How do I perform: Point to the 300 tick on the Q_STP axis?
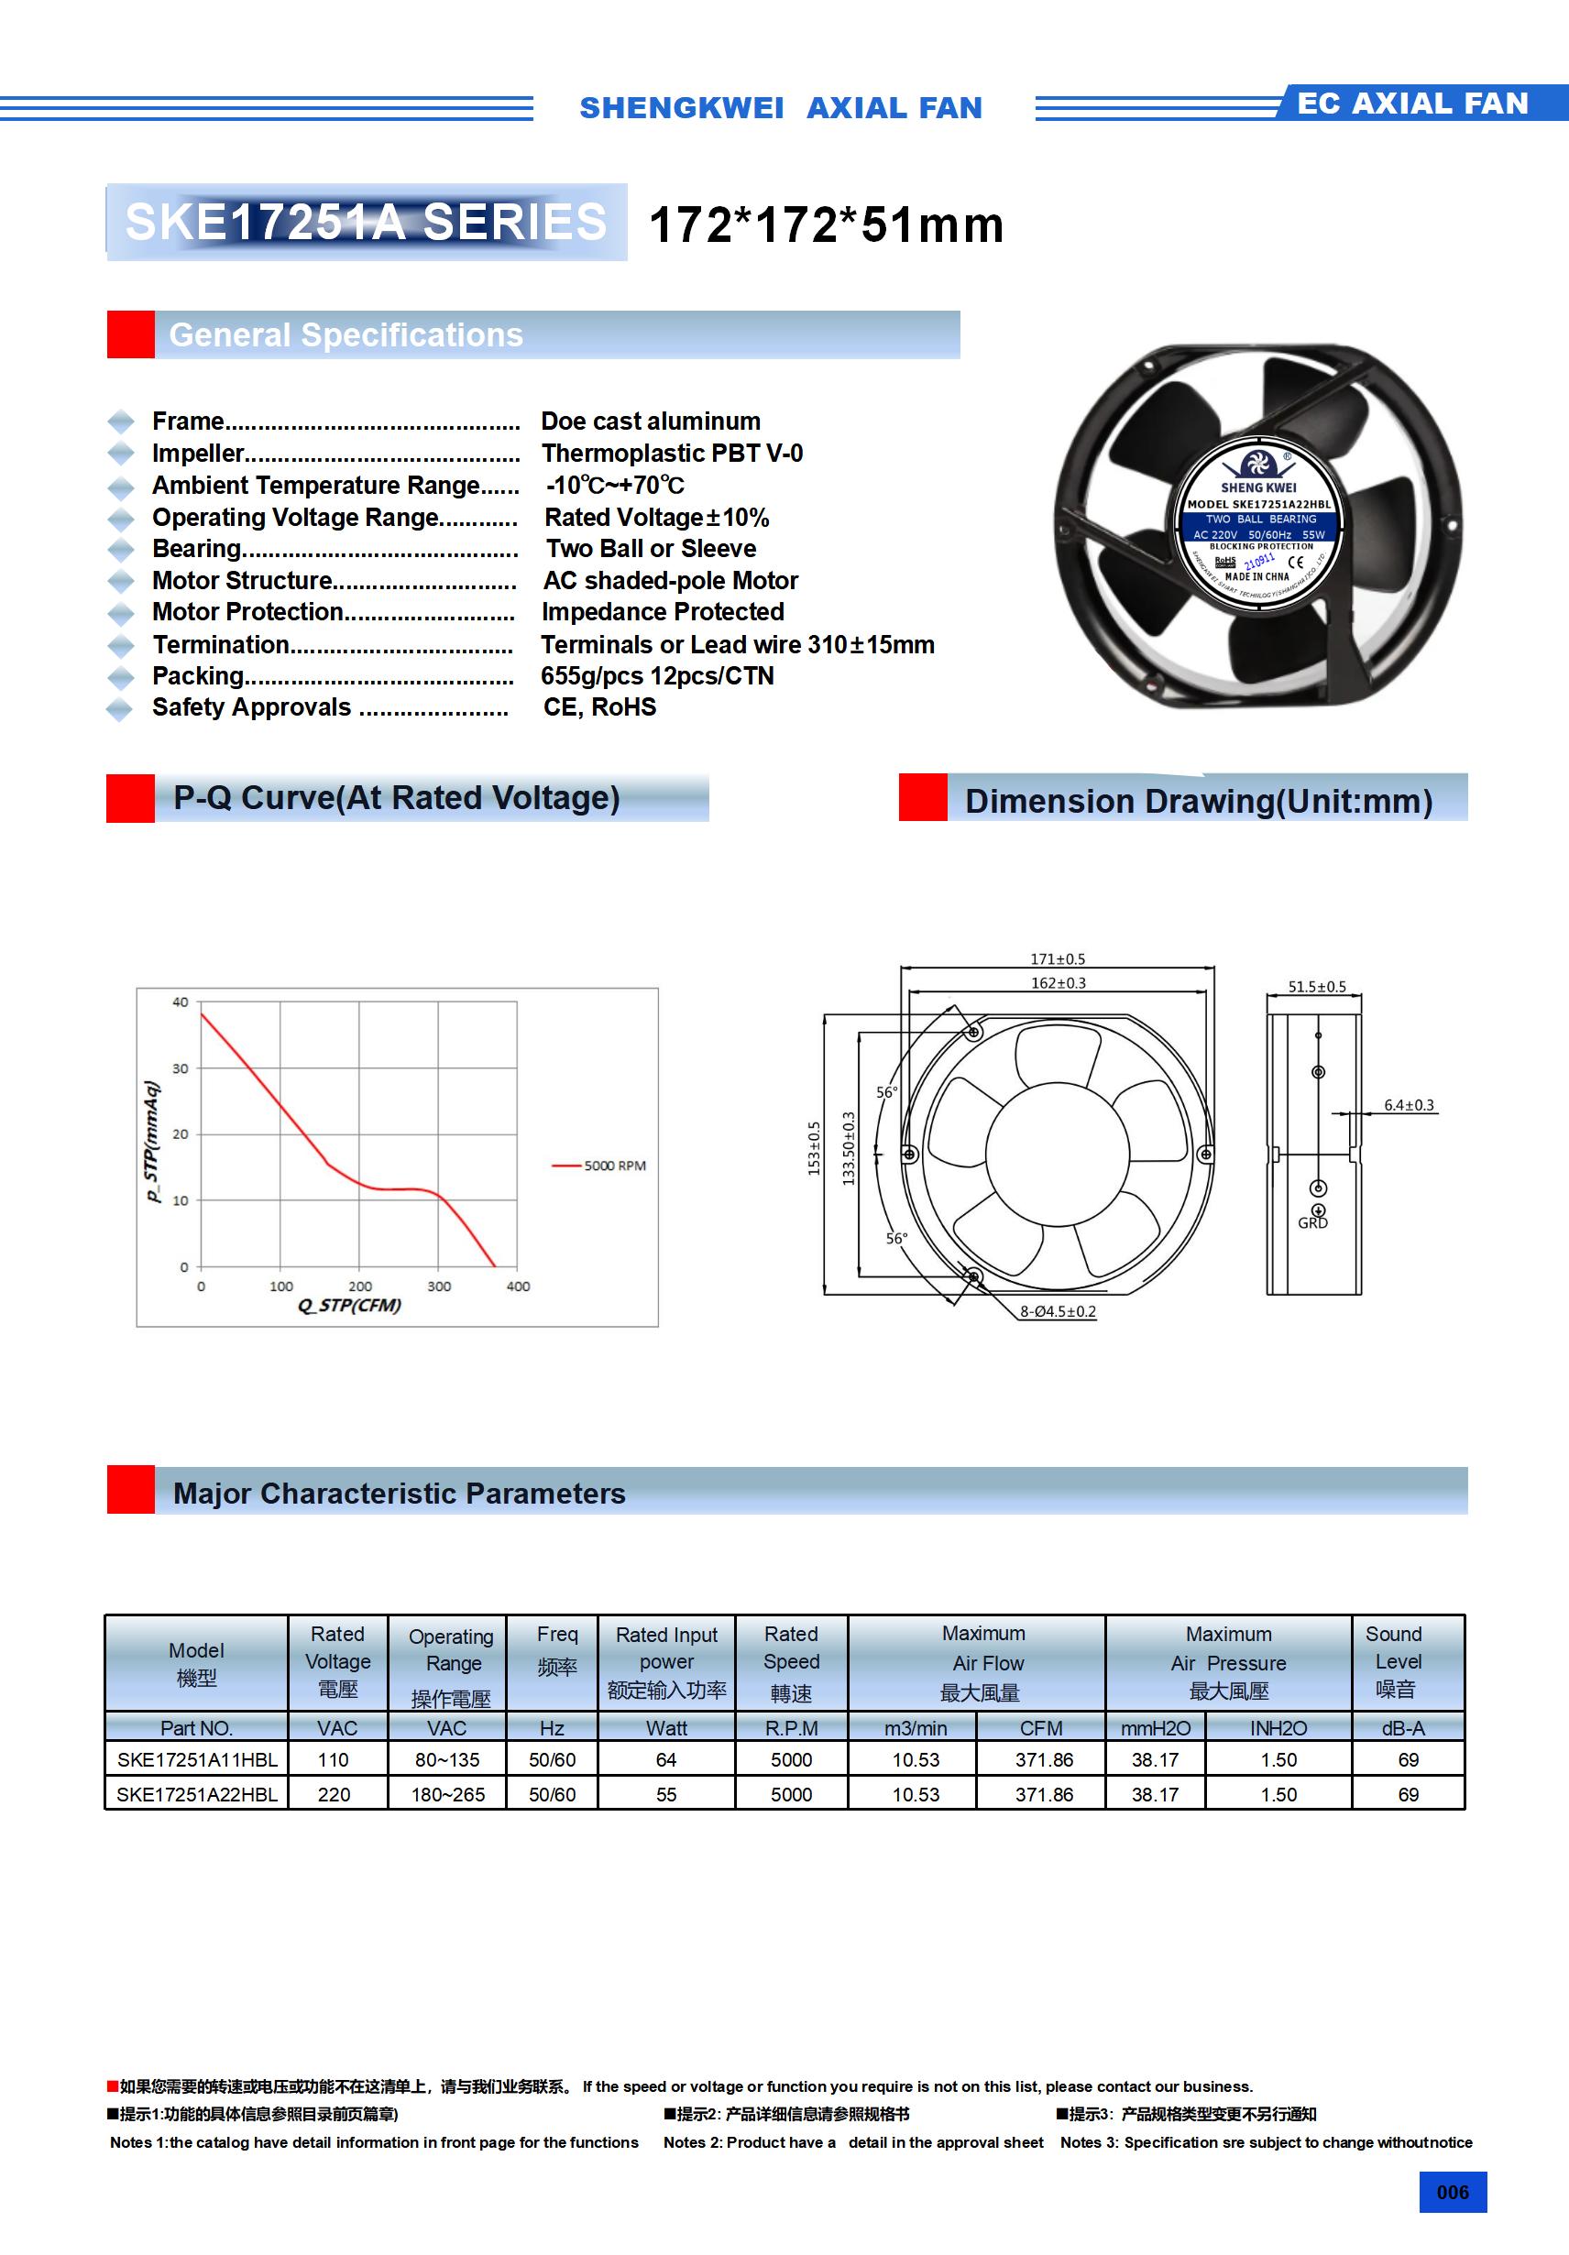coord(438,1286)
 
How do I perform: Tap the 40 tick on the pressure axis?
coord(181,1002)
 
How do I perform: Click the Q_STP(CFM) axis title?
coord(349,1306)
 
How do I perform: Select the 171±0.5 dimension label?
coord(1057,958)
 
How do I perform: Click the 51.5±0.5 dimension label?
coord(1316,986)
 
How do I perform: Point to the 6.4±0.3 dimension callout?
coord(1408,1105)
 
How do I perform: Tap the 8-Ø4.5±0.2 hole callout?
coord(1057,1311)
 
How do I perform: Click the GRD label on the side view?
coord(1312,1222)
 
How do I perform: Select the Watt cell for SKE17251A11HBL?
coord(666,1760)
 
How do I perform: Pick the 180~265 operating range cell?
coord(447,1794)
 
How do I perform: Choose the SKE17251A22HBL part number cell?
coord(196,1794)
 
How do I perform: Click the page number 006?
coord(1452,2192)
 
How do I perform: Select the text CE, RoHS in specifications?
coord(599,707)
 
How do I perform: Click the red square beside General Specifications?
coord(131,335)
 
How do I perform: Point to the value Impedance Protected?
coord(663,612)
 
